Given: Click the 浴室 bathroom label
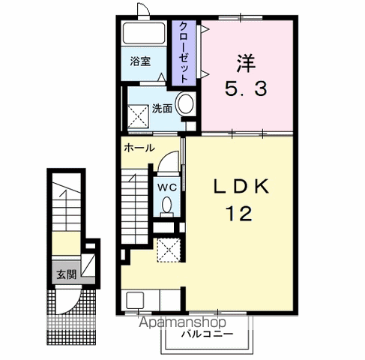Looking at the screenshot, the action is click(140, 61).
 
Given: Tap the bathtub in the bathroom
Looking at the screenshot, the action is click(144, 33).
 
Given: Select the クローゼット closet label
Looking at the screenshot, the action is click(184, 52).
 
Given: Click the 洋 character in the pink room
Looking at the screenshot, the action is click(246, 63).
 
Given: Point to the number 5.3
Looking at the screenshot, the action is click(246, 89).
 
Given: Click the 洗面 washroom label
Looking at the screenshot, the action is click(162, 109).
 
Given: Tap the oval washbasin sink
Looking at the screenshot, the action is click(185, 104).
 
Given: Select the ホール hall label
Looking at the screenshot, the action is click(139, 148).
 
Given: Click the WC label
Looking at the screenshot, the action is click(167, 187).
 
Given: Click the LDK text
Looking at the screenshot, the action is click(241, 186).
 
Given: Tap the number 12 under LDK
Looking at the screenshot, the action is click(238, 214).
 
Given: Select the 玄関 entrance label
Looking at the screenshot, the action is click(66, 274).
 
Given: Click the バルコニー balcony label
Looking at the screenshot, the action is click(208, 334).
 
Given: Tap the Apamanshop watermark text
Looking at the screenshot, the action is click(182, 322).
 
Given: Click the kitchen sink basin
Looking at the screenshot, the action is click(135, 300).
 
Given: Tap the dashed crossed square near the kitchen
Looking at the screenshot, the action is click(169, 250).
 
